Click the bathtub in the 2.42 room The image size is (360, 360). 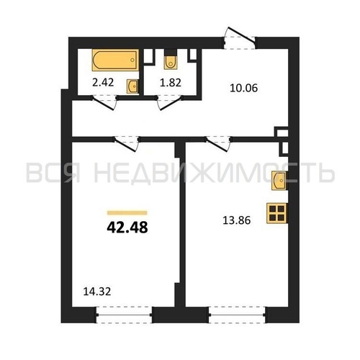tap(115, 60)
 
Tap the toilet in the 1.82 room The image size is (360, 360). tap(171, 62)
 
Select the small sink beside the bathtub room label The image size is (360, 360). tap(132, 86)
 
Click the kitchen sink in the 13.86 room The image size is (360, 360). tap(279, 181)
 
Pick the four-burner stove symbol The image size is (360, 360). tap(277, 213)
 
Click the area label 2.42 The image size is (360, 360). tap(103, 83)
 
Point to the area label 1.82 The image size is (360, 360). tap(171, 83)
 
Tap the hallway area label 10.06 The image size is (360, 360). tap(243, 88)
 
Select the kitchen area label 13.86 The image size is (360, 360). tap(237, 220)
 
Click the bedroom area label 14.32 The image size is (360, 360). tap(97, 292)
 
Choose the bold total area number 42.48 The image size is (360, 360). tap(127, 228)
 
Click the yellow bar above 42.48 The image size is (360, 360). tap(127, 212)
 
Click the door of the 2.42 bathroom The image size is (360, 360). tap(104, 103)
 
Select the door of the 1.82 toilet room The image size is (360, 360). tap(169, 103)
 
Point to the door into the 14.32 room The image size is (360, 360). tap(126, 144)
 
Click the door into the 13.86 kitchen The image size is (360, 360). tap(217, 144)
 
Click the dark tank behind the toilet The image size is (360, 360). tap(171, 53)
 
